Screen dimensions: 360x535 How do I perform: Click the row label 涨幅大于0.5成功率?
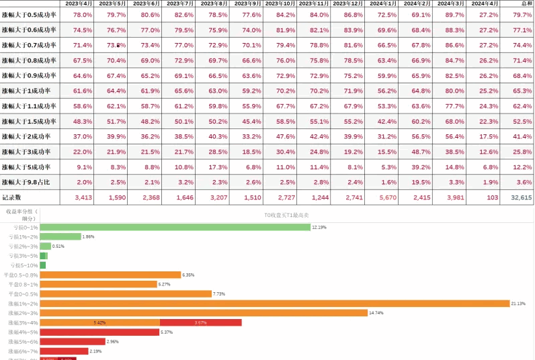coord(29,14)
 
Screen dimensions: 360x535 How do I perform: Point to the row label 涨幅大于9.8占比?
coord(29,182)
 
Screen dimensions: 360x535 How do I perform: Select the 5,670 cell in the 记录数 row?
coord(388,197)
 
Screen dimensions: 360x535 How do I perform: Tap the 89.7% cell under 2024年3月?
coord(454,14)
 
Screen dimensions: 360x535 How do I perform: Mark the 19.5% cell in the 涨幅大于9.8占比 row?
coord(421,182)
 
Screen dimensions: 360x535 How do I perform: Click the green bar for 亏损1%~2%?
coord(60,236)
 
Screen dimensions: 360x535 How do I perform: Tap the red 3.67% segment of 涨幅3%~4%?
coord(200,323)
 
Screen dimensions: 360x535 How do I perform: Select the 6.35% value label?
coord(188,275)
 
